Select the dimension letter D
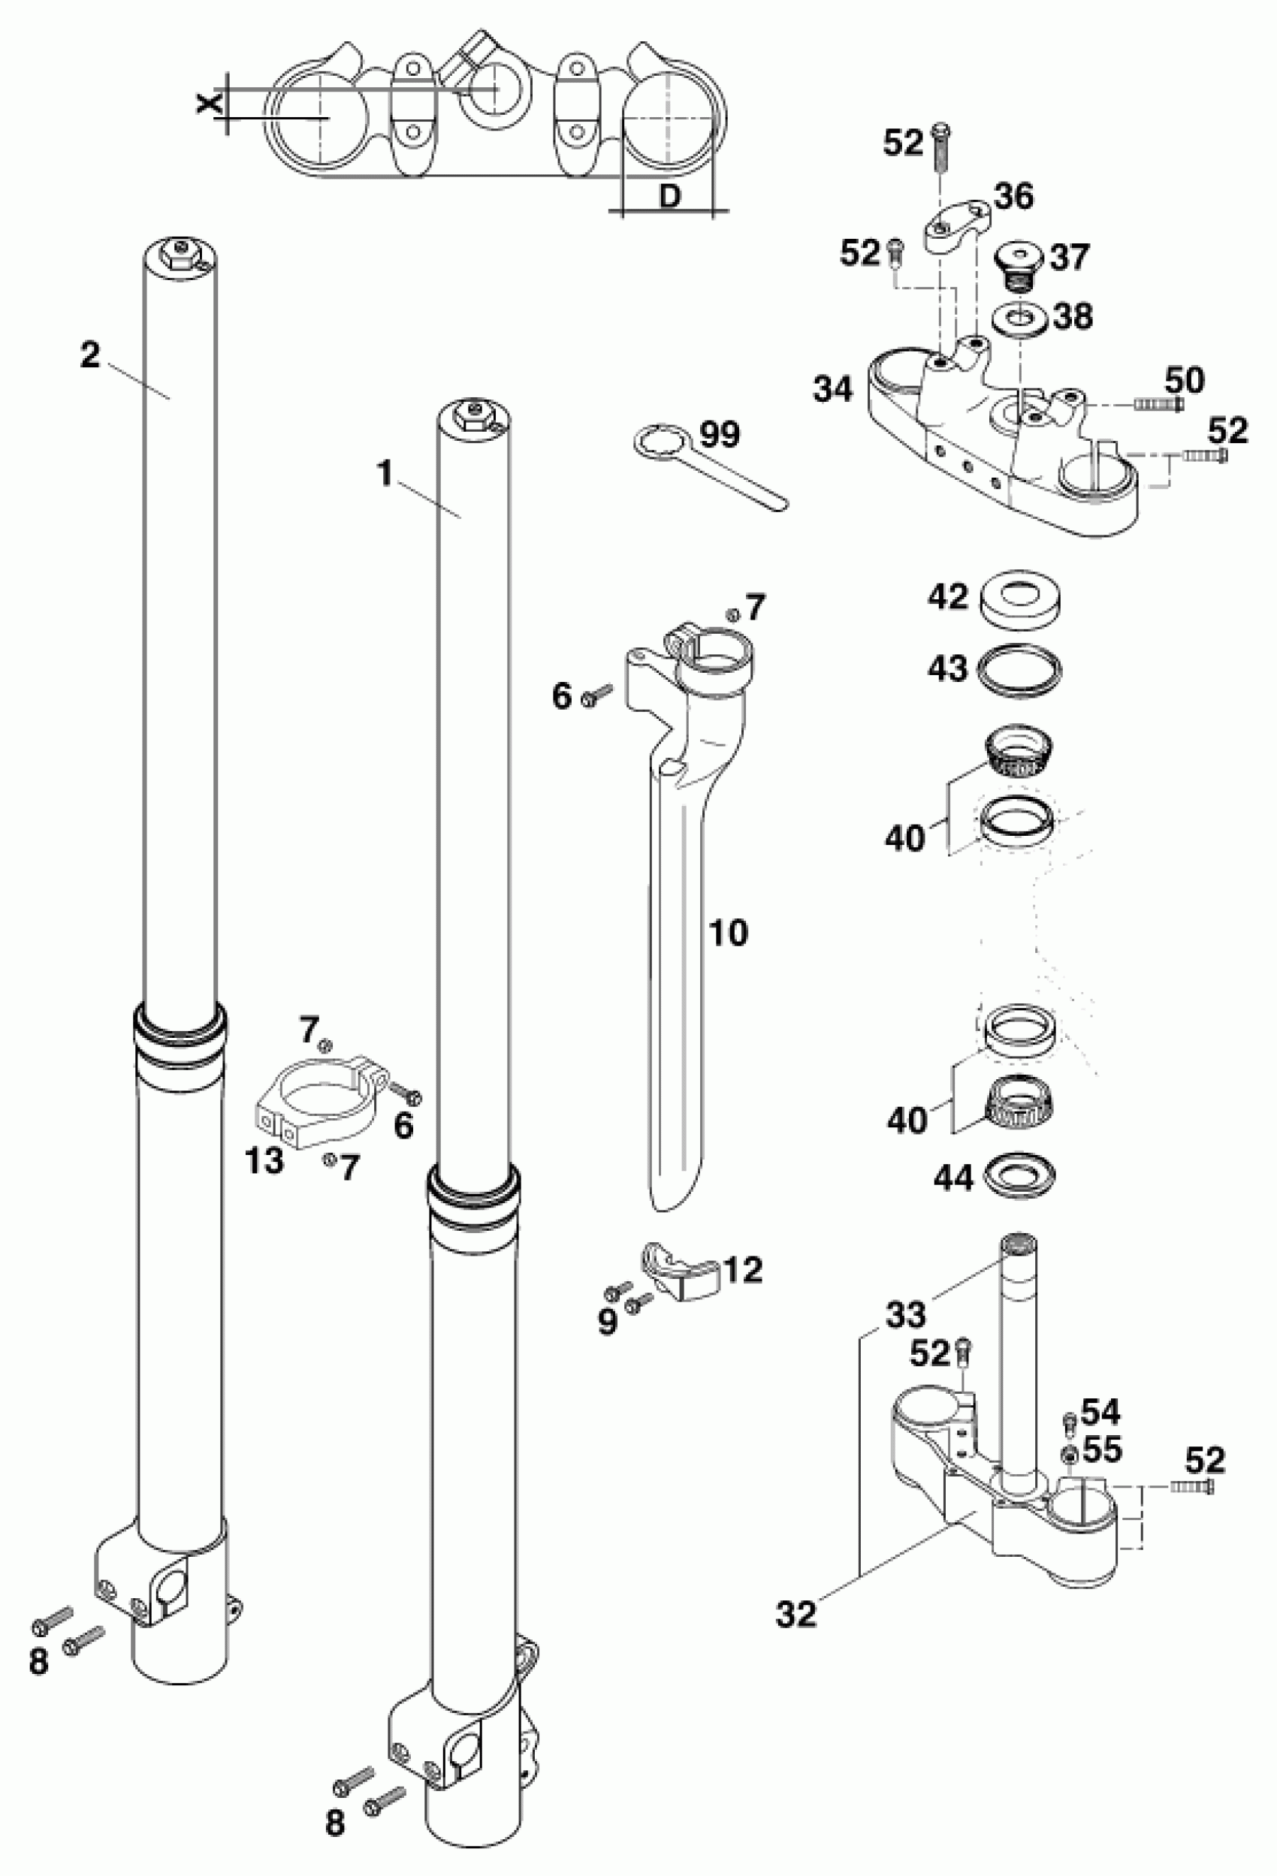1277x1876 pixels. coord(669,196)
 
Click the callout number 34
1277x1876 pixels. coord(832,391)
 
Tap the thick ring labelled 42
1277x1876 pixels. coord(1020,601)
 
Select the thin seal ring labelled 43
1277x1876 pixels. coord(1020,668)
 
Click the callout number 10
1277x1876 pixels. coord(728,933)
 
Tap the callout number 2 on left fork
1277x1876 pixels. coord(89,354)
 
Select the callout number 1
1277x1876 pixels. coord(387,475)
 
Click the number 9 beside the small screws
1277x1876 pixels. coord(607,1322)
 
